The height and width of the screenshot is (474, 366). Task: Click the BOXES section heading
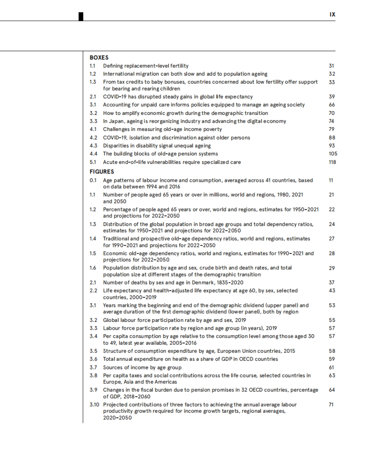pyautogui.click(x=99, y=58)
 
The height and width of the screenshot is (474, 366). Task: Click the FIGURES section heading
pyautogui.click(x=102, y=172)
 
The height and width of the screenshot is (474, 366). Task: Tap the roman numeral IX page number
pyautogui.click(x=332, y=14)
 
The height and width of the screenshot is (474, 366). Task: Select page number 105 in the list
pyautogui.click(x=333, y=154)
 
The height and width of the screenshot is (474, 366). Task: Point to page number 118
pyautogui.click(x=332, y=162)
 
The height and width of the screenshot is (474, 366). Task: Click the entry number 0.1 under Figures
pyautogui.click(x=93, y=180)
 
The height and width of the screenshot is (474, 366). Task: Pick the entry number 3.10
pyautogui.click(x=94, y=405)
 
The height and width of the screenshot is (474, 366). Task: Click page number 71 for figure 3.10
pyautogui.click(x=331, y=405)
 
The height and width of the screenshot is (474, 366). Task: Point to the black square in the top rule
pyautogui.click(x=81, y=16)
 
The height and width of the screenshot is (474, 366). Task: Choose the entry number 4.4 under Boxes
pyautogui.click(x=93, y=154)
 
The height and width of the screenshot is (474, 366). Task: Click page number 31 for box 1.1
pyautogui.click(x=332, y=66)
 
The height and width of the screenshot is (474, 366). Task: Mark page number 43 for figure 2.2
pyautogui.click(x=332, y=291)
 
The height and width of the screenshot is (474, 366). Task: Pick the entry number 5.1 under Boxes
pyautogui.click(x=93, y=162)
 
